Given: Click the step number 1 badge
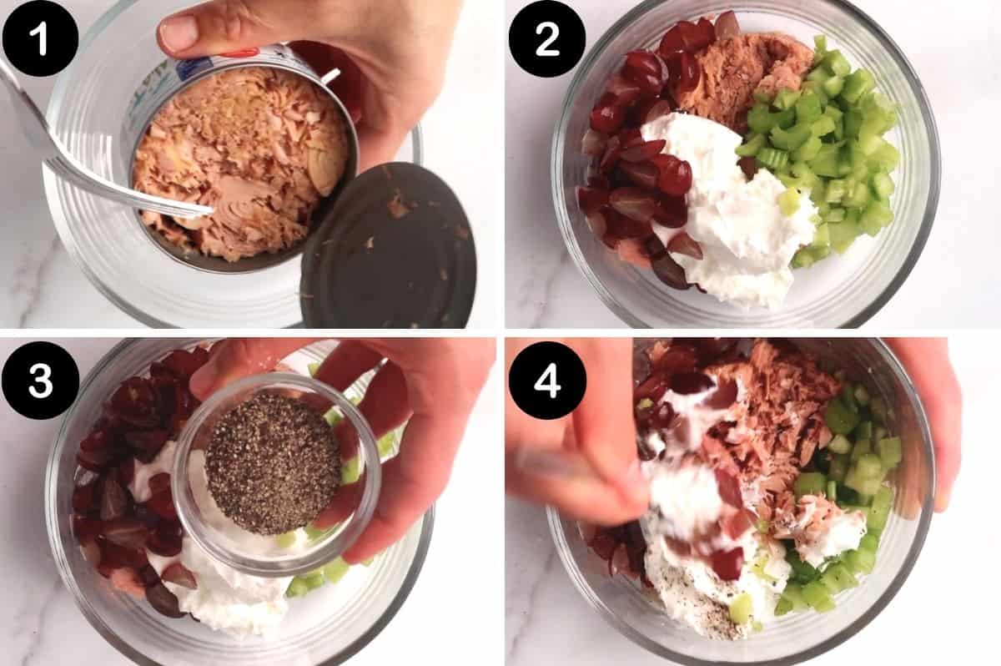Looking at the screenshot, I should tap(40, 38).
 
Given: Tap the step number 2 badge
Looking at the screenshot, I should tap(547, 38).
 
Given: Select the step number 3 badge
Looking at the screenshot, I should tap(40, 380).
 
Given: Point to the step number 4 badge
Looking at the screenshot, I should tap(547, 380).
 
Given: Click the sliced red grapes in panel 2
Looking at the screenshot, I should tap(634, 167).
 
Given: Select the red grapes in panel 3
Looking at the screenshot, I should tap(125, 467).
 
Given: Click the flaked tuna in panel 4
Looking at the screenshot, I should tap(767, 417).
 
